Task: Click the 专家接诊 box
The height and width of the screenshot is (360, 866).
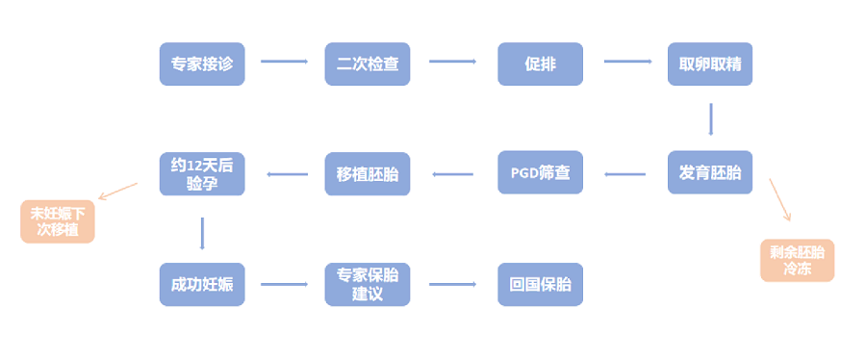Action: click(x=202, y=64)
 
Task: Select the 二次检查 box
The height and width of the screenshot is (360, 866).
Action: click(x=368, y=64)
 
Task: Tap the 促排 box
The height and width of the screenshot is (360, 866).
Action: click(x=540, y=64)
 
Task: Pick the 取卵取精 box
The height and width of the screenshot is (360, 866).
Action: click(x=710, y=64)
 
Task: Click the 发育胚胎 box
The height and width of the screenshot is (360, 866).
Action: click(x=710, y=173)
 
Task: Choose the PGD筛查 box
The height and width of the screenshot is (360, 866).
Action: click(x=540, y=173)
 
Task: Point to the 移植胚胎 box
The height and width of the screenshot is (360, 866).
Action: click(x=368, y=173)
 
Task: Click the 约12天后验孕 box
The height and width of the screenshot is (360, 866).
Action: click(x=202, y=173)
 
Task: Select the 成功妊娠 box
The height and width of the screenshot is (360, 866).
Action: click(x=202, y=284)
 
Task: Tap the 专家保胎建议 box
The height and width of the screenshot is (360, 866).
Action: click(x=368, y=284)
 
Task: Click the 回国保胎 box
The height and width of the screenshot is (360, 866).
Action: click(x=540, y=284)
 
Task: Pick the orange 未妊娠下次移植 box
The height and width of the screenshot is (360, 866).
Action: click(x=58, y=221)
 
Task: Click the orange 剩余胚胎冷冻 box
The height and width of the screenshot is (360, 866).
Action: click(x=797, y=260)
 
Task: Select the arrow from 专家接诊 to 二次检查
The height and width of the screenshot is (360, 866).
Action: click(x=284, y=62)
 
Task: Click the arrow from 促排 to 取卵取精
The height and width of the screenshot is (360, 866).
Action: click(x=627, y=62)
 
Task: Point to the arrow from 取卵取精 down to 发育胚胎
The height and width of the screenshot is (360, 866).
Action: click(x=711, y=118)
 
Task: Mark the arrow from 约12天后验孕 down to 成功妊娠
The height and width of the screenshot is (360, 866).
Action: click(x=202, y=233)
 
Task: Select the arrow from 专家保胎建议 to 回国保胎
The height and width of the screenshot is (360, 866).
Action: click(x=452, y=284)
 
